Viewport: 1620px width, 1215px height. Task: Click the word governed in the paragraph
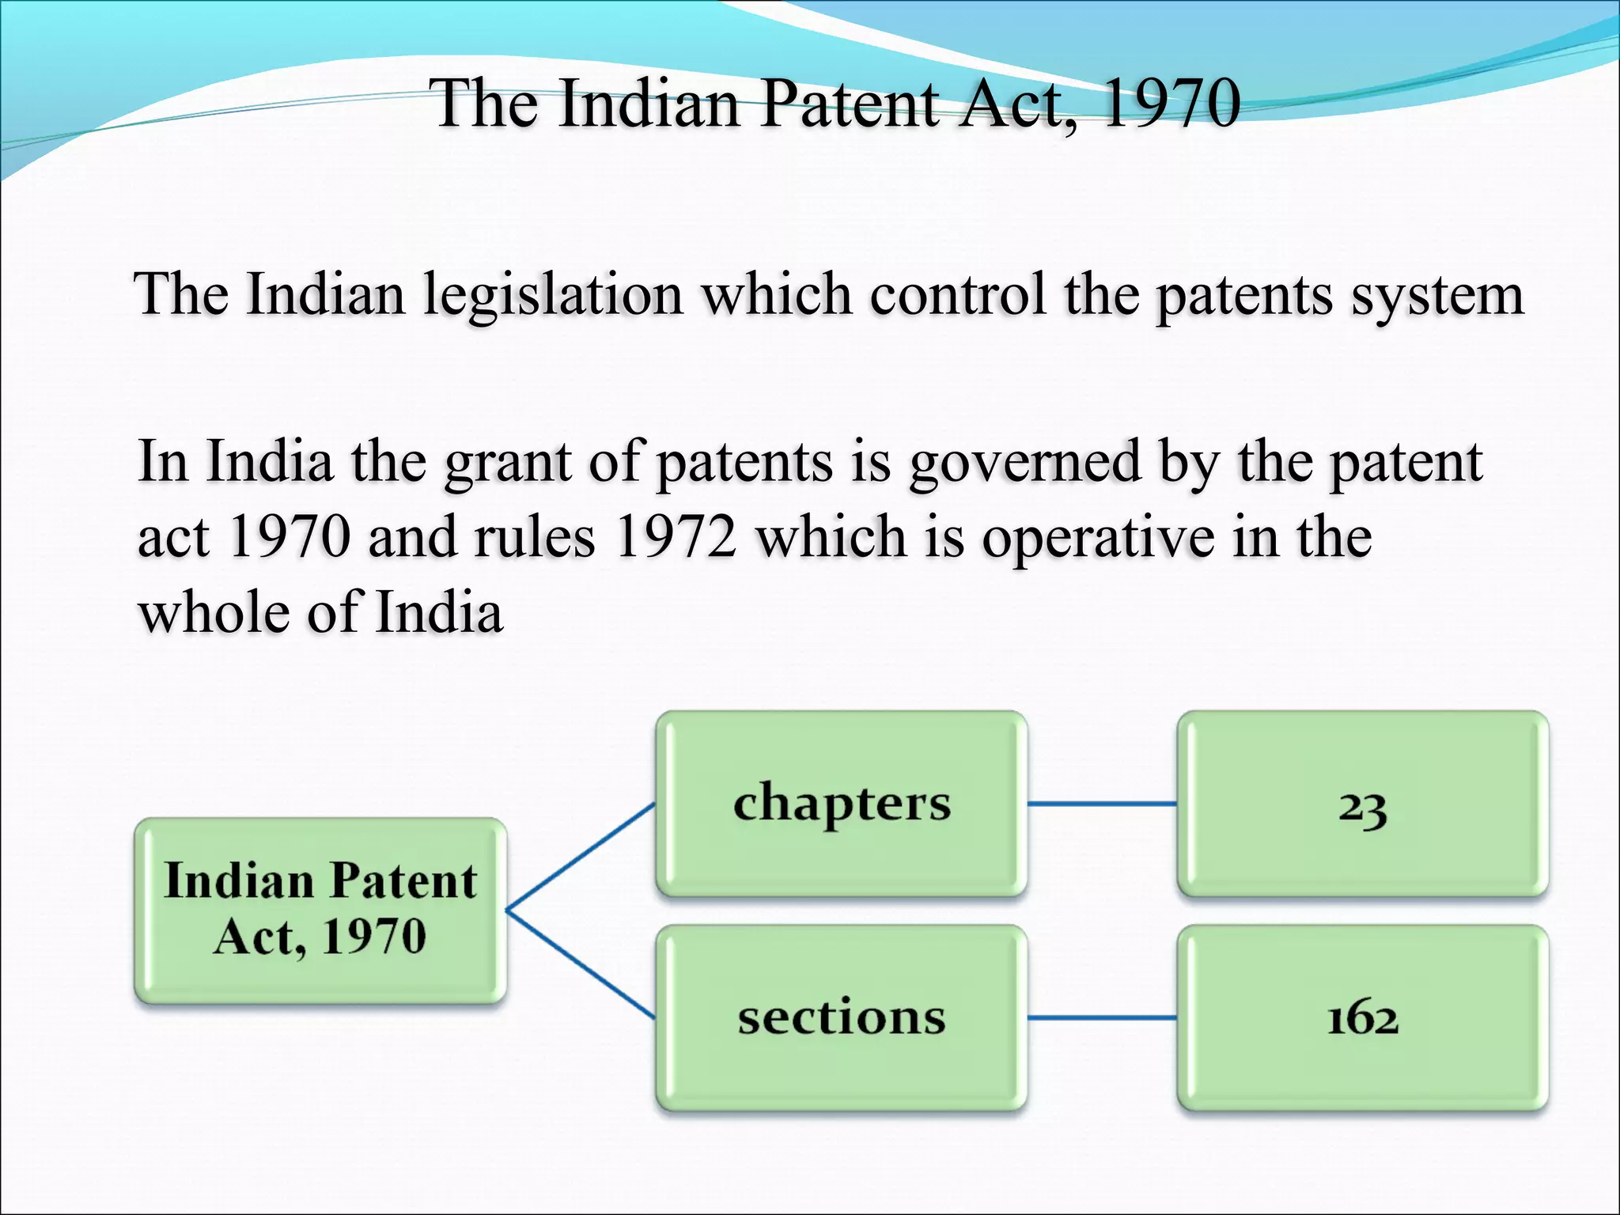(x=1024, y=462)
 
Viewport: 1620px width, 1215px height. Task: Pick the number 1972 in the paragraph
(x=676, y=537)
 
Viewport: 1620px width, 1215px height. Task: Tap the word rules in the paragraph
(x=535, y=537)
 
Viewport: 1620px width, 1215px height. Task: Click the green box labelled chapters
(x=842, y=804)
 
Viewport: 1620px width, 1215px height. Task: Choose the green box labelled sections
(x=842, y=1018)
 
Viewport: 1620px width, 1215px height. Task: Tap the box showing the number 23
(x=1362, y=804)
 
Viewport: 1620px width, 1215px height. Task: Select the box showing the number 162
(x=1362, y=1018)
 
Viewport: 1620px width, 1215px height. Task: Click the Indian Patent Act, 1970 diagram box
(x=320, y=910)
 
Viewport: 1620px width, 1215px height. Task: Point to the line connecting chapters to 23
(x=1102, y=804)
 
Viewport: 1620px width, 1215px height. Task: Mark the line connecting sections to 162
(x=1102, y=1018)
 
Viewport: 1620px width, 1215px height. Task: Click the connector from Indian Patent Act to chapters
(x=581, y=857)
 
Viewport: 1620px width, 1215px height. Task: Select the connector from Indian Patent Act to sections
(x=581, y=964)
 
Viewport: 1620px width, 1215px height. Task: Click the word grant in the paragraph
(x=507, y=462)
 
